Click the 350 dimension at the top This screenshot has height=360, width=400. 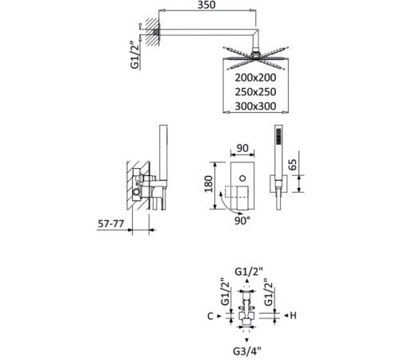click(x=206, y=5)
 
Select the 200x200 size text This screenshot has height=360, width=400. click(x=255, y=78)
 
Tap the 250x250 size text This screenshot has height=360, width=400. click(x=255, y=92)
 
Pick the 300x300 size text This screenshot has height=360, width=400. click(x=255, y=106)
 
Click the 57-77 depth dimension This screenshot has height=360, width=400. click(x=110, y=223)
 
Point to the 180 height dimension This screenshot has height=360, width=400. click(x=209, y=184)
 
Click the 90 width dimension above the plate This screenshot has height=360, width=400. click(x=242, y=148)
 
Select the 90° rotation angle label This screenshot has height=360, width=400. click(x=242, y=221)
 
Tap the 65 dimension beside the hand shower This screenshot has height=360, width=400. click(x=292, y=165)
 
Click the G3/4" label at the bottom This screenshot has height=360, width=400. click(x=247, y=351)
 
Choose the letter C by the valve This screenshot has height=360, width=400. click(x=210, y=316)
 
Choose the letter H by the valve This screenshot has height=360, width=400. click(x=293, y=316)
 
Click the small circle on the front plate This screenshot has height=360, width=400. click(x=242, y=178)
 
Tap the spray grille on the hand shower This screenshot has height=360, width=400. click(x=278, y=137)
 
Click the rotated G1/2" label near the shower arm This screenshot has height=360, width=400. click(x=135, y=56)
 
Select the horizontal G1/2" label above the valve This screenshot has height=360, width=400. click(x=249, y=271)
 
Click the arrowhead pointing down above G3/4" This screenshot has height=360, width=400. click(x=247, y=340)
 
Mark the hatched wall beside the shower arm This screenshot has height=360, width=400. click(x=152, y=32)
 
